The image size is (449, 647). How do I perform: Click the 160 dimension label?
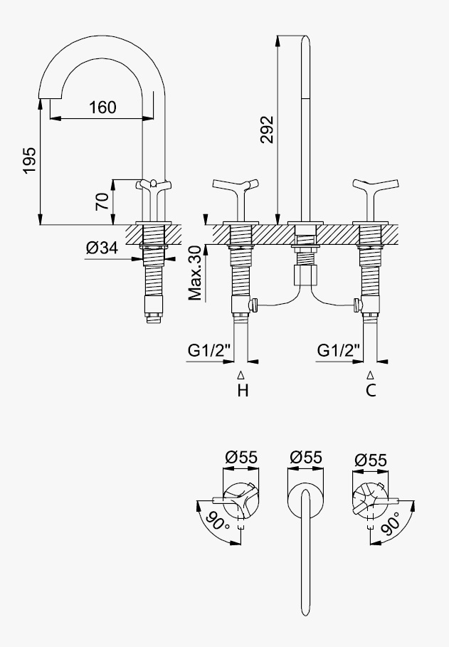click(102, 107)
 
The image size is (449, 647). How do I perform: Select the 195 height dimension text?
click(30, 160)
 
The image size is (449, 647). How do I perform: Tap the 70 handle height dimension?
click(102, 201)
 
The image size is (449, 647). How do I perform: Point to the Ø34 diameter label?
click(102, 248)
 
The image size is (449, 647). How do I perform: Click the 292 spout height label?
click(267, 130)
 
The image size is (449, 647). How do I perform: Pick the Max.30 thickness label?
click(196, 273)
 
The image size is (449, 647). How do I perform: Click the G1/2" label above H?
click(208, 351)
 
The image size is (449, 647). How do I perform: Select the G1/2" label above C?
click(339, 351)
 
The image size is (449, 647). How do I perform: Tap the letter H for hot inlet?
click(243, 390)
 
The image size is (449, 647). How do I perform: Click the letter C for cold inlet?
click(371, 390)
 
